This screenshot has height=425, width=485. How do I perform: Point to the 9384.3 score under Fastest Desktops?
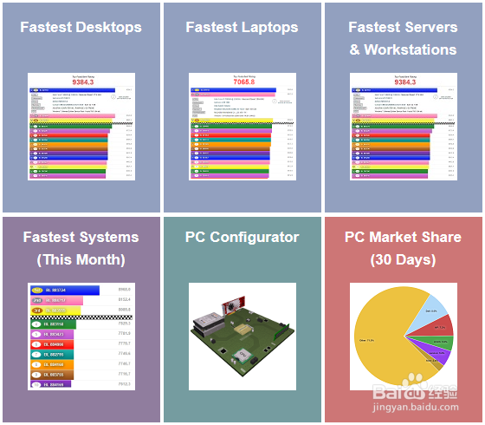point(81,82)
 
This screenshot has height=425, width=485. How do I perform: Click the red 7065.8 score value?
point(242,82)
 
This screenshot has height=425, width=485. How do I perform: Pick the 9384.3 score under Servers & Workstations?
point(403,82)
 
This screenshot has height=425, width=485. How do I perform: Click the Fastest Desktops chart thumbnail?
point(81,127)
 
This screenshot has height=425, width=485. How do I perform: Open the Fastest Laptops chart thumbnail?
point(242,127)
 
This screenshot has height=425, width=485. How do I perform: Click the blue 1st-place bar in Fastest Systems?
point(66,290)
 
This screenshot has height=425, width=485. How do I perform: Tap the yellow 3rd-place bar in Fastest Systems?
point(55,311)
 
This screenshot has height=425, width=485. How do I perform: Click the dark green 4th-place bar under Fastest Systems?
point(55,324)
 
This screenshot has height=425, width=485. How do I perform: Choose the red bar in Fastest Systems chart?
point(55,344)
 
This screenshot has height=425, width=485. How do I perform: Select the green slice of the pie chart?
point(441,342)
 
